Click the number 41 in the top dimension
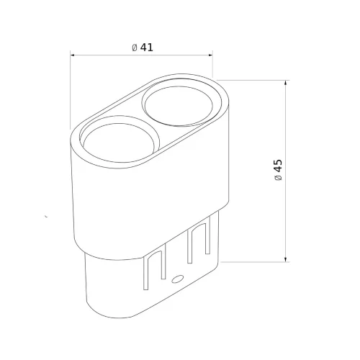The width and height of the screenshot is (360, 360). (148, 48)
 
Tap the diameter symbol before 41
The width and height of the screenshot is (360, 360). (135, 48)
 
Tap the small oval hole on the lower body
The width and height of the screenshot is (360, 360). (178, 278)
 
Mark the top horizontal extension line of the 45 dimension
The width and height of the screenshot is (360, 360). (252, 79)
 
